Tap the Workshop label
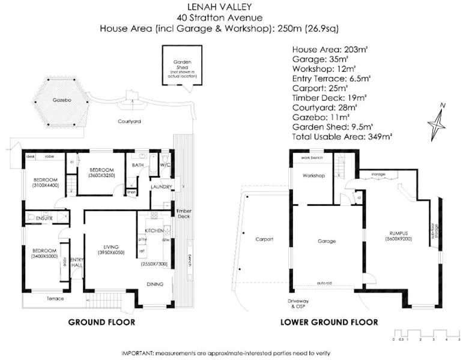pyautogui.click(x=313, y=176)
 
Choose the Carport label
pyautogui.click(x=264, y=239)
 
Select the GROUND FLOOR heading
pyautogui.click(x=101, y=322)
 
